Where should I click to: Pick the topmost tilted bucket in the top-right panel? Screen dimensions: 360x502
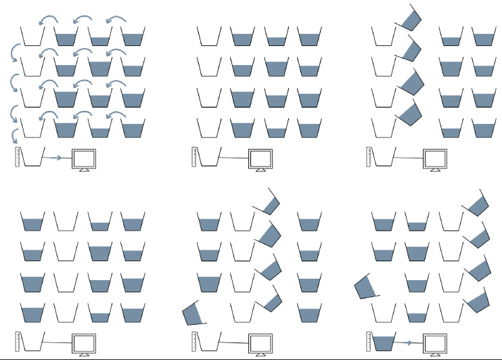(410, 18)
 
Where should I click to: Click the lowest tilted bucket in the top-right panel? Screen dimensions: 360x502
(408, 111)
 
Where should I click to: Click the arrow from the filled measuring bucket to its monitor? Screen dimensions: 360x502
(408, 343)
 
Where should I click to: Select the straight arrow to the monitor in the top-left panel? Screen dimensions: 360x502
(57, 158)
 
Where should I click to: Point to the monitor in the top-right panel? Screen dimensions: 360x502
(436, 158)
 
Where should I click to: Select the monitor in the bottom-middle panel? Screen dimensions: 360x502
(260, 342)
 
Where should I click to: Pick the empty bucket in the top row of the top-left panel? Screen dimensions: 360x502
(32, 37)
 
